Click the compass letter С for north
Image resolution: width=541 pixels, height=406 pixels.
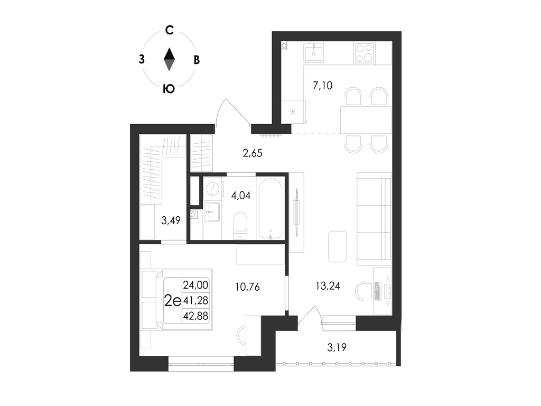pos(169,30)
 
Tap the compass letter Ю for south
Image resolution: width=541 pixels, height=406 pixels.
pos(169,89)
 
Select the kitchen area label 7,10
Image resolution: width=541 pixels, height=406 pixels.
pos(322,85)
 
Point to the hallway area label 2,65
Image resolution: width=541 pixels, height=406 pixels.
pos(252,153)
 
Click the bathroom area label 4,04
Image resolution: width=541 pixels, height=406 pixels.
pos(241,196)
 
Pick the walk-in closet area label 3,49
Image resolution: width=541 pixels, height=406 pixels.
pos(171,220)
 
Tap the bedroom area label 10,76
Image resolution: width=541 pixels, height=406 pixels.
pos(247,287)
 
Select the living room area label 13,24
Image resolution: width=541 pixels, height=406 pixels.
pos(328,285)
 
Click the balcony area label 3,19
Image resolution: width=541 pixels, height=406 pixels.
pos(337,347)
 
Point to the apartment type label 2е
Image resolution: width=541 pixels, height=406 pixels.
pos(173,301)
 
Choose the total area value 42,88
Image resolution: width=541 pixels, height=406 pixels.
pos(195,316)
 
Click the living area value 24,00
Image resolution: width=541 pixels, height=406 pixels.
pos(195,285)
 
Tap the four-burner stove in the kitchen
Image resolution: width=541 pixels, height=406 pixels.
pos(363,53)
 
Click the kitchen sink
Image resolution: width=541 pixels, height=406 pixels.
pos(314,53)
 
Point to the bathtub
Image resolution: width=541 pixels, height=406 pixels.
pos(271,208)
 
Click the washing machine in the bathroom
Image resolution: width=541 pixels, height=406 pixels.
pos(212,189)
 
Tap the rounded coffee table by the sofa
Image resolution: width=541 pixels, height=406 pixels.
pos(337,246)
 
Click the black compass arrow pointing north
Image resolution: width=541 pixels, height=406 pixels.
pos(169,53)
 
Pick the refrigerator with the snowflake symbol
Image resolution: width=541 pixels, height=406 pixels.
pos(293,112)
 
